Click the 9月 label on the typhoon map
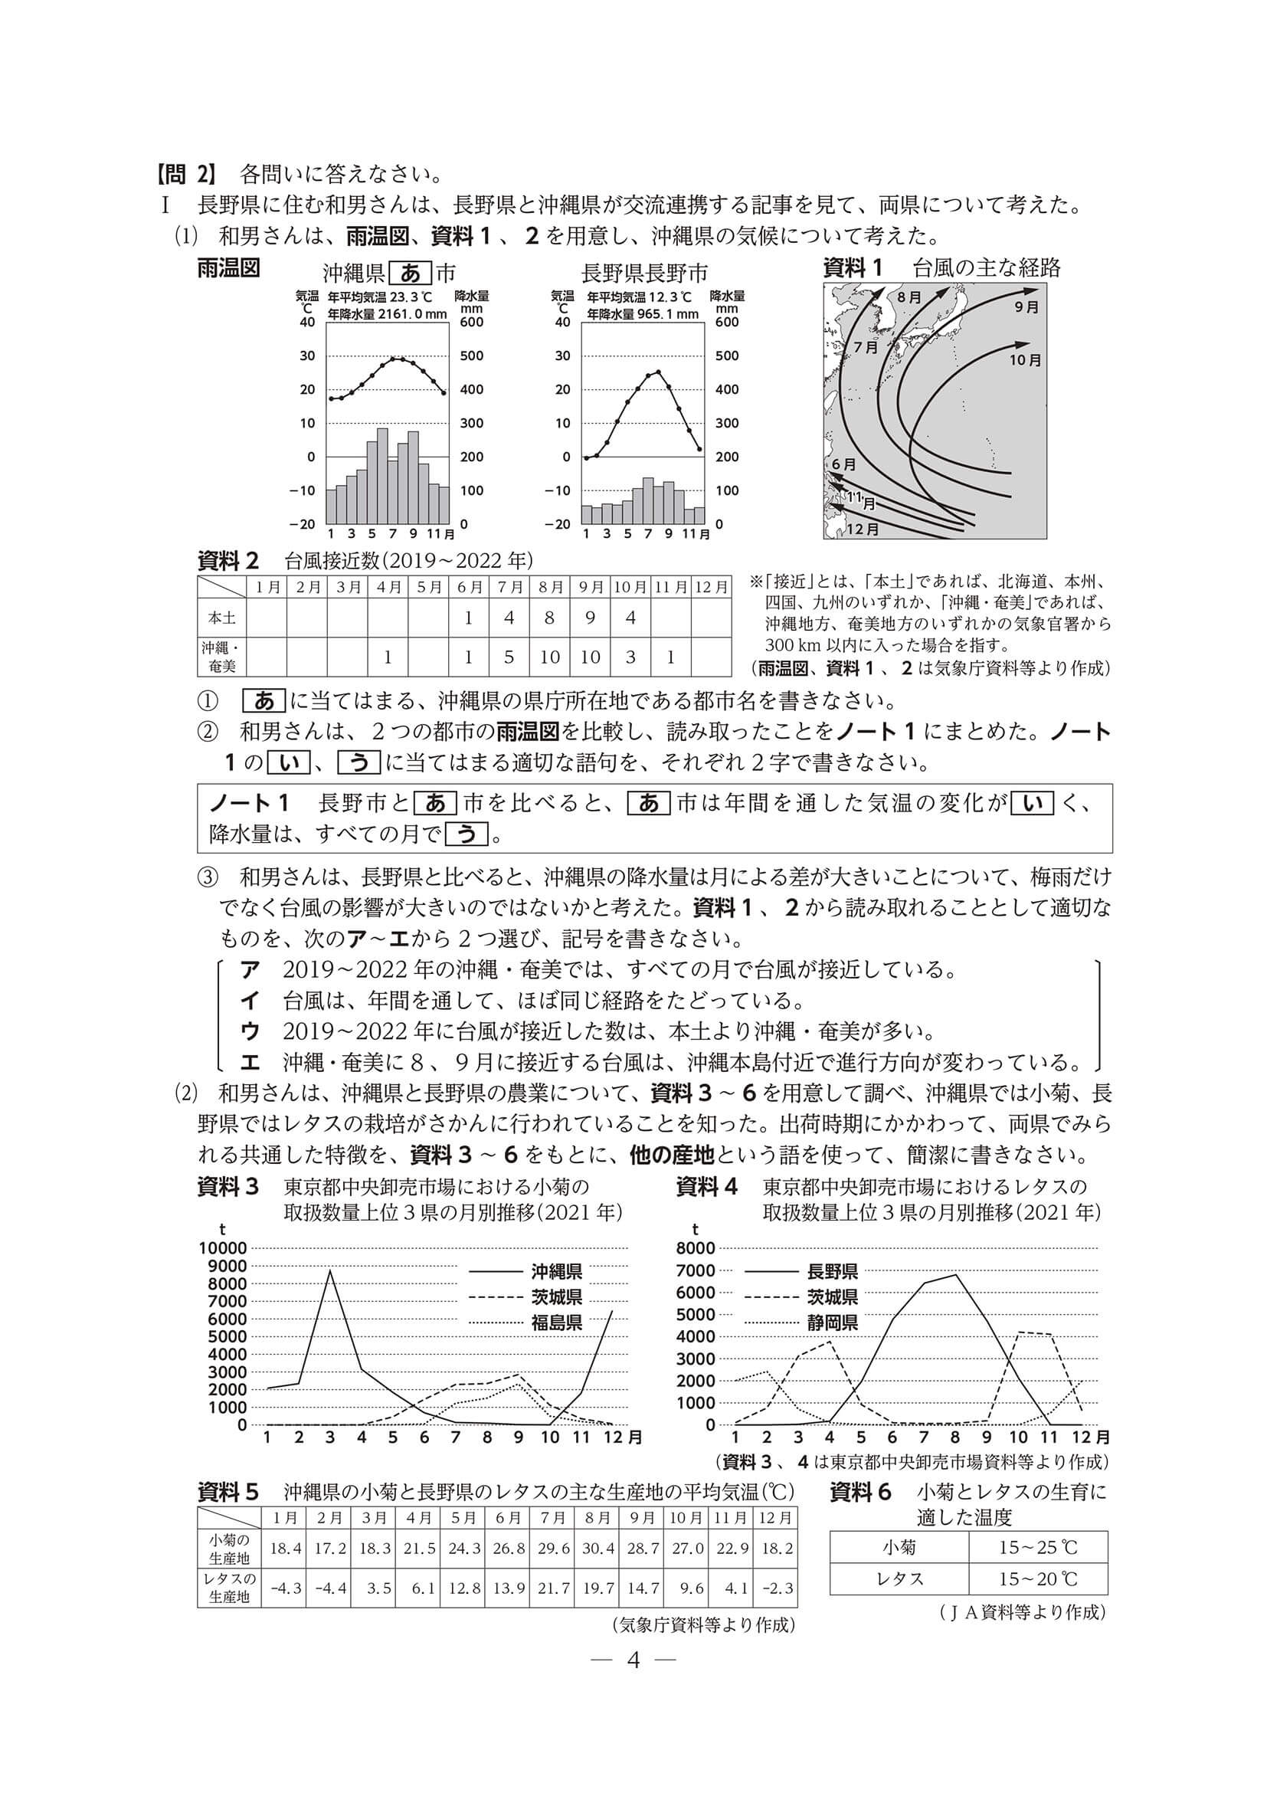(x=1026, y=307)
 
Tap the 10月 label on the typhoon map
(x=1025, y=360)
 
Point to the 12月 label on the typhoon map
(x=863, y=529)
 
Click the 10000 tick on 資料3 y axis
(x=223, y=1248)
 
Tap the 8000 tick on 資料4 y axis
(x=695, y=1248)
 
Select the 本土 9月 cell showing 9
(x=590, y=618)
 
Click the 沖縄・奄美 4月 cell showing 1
(x=387, y=657)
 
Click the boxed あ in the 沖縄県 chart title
(x=411, y=273)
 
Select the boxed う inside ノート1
(x=467, y=834)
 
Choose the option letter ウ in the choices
(x=250, y=1031)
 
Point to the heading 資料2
(x=228, y=560)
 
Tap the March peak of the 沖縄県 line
(x=330, y=1271)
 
